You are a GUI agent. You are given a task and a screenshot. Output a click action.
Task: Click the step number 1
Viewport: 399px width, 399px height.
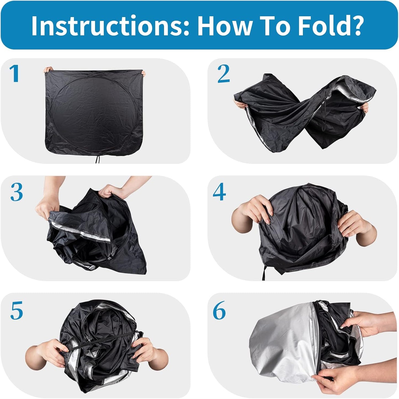click(15, 73)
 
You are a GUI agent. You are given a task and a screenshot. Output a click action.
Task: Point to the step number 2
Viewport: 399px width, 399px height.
click(224, 74)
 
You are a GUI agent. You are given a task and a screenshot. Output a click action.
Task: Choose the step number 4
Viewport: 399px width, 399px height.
click(219, 192)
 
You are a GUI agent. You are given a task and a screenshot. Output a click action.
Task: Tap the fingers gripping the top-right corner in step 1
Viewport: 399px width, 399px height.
click(143, 73)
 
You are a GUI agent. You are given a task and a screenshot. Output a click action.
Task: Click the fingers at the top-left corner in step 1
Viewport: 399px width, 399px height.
click(48, 69)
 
